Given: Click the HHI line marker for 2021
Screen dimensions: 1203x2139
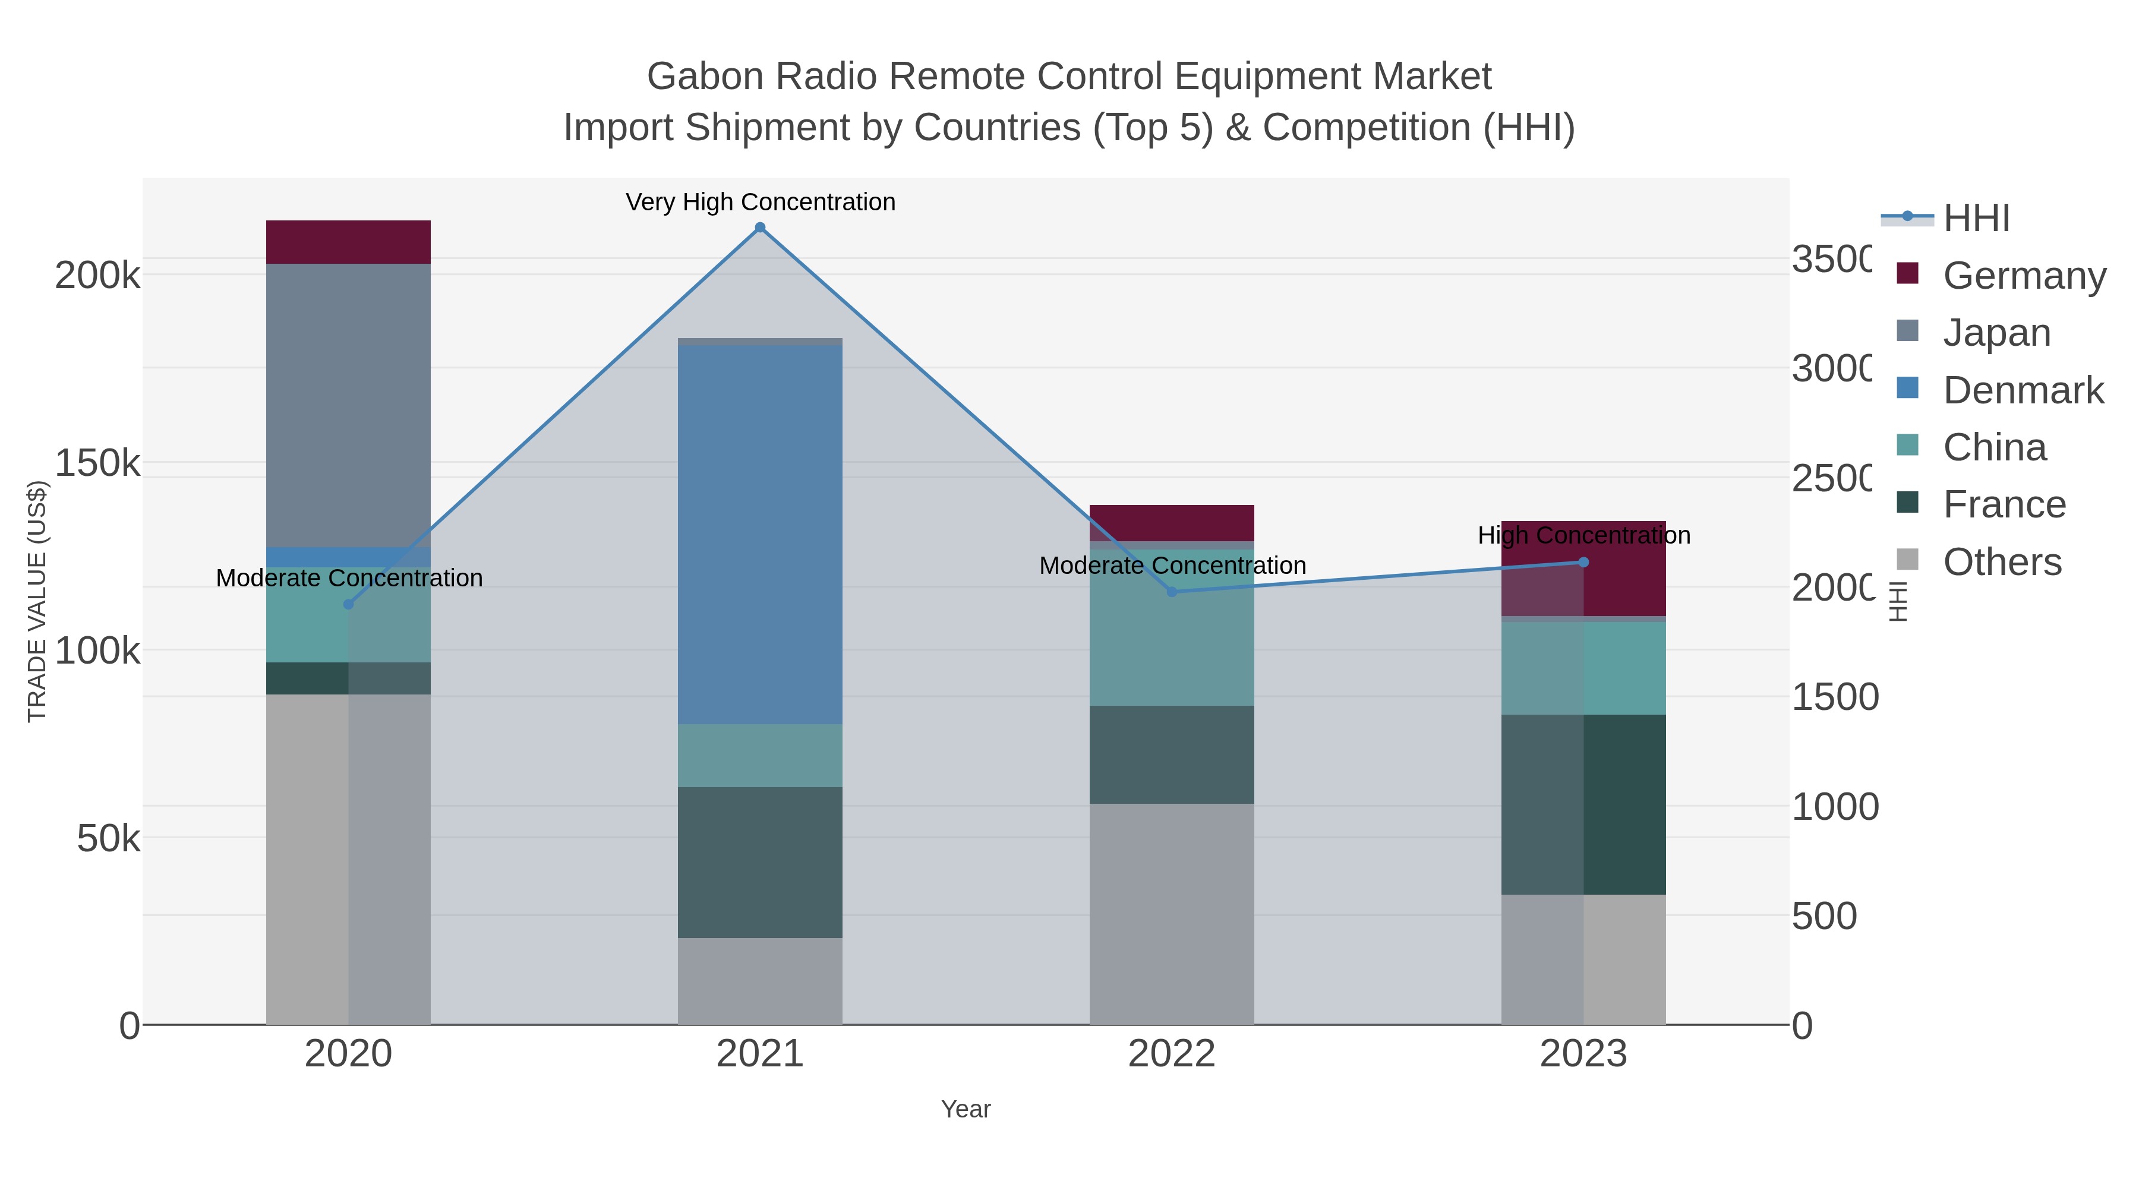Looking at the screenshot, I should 760,228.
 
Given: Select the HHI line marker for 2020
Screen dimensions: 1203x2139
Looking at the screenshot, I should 349,604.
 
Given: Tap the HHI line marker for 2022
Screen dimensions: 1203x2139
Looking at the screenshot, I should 1172,592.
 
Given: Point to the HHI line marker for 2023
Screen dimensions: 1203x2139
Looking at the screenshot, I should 1583,562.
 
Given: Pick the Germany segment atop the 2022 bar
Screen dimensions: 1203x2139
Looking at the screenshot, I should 1172,522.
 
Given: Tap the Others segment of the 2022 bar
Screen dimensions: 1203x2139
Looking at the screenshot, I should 1172,913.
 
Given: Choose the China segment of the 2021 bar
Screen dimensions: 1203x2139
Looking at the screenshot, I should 760,756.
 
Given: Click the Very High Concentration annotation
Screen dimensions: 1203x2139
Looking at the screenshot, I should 760,203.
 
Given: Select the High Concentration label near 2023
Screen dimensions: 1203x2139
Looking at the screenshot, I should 1583,535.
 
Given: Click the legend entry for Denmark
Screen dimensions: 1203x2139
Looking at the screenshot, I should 2023,390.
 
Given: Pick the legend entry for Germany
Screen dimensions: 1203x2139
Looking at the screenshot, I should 2024,276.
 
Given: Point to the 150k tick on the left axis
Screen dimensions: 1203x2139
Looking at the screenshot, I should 97,463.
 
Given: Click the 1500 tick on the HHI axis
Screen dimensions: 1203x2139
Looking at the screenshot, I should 1834,697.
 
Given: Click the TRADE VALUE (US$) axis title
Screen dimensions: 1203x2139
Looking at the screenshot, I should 37,601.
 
